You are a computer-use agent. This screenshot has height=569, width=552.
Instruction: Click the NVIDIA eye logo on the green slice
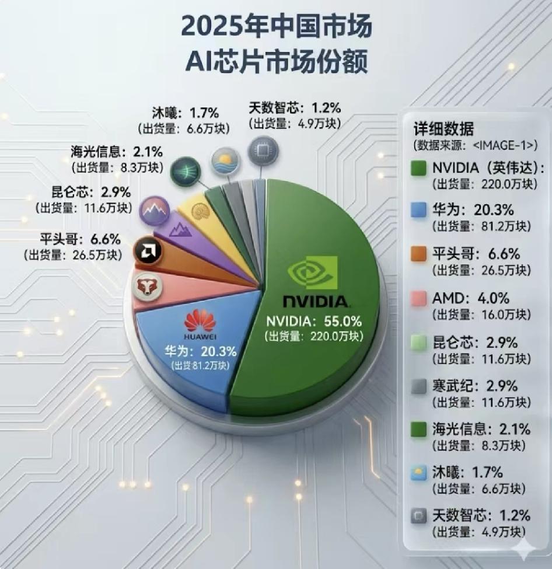tap(314, 272)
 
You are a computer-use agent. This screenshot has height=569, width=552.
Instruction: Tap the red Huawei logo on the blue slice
tap(200, 321)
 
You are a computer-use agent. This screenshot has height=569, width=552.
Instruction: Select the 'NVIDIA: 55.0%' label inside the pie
tap(314, 321)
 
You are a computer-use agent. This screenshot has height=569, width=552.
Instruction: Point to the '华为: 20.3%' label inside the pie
tap(200, 351)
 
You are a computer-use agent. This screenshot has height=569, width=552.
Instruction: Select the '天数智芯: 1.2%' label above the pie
tap(295, 109)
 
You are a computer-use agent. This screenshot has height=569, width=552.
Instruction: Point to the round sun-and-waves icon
tap(223, 159)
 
